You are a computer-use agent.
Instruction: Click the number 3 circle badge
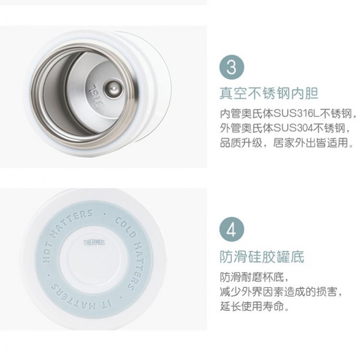[231, 67]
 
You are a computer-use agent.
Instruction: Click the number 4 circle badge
[231, 229]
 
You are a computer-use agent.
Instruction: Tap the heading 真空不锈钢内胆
[269, 93]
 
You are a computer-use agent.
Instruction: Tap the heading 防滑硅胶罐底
[262, 256]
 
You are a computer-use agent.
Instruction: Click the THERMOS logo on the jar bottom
[94, 242]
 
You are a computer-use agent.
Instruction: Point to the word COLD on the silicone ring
[125, 228]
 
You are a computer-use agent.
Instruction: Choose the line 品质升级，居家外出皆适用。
[287, 143]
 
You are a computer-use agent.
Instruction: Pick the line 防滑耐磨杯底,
[254, 277]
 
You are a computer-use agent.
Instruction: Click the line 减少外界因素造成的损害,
[281, 292]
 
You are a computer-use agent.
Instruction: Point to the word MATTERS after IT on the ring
[74, 297]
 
